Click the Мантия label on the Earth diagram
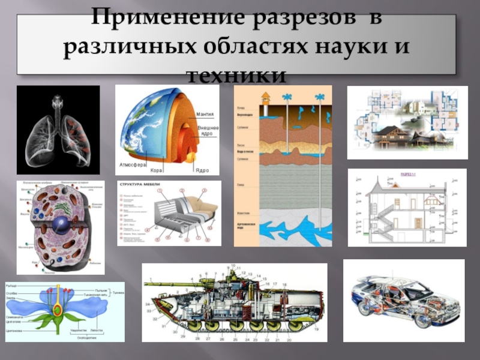point(205,114)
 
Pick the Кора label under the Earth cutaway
point(157,170)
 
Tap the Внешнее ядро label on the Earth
point(208,131)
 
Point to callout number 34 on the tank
point(148,304)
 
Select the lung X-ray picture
point(58,130)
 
